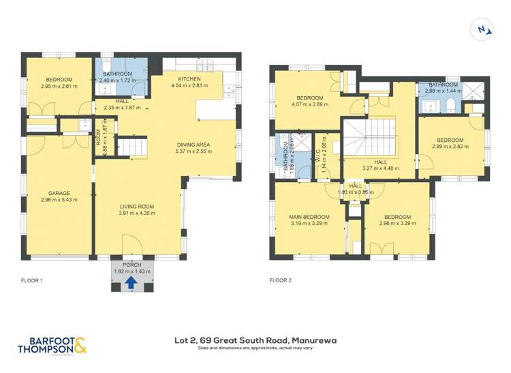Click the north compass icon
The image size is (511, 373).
(483, 29)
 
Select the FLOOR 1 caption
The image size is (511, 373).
(32, 280)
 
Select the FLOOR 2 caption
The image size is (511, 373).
(280, 280)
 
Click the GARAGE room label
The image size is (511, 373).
(59, 193)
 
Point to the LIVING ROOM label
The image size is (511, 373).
(137, 207)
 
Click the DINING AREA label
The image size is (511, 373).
(193, 145)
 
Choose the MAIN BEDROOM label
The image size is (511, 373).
(310, 217)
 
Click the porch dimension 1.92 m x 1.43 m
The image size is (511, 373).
(131, 271)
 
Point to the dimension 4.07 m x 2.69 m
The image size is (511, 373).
(309, 104)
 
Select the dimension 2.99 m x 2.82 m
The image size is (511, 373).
(450, 145)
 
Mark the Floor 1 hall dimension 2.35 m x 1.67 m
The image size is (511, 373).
(122, 107)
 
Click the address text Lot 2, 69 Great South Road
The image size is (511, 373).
(255, 340)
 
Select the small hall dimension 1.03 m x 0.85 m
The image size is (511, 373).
(356, 192)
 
